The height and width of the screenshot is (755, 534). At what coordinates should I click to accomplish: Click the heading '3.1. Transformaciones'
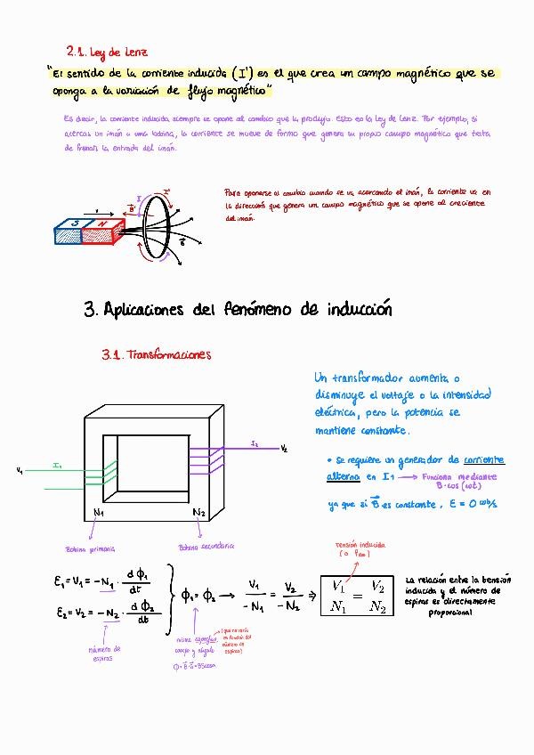[x=157, y=354]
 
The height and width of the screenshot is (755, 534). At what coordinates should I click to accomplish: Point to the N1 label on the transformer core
[x=99, y=513]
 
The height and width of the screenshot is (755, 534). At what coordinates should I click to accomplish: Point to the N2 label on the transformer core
[x=198, y=513]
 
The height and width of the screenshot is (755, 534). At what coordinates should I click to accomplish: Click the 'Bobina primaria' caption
[x=91, y=548]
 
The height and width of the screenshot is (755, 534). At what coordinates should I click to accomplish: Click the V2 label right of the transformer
[x=284, y=448]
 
